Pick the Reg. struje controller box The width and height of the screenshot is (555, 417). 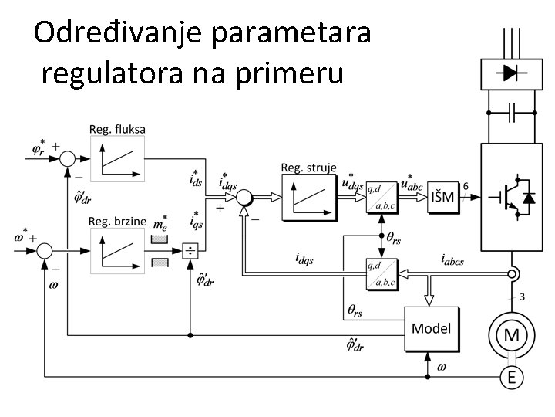pyautogui.click(x=308, y=196)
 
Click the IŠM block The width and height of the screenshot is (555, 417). pyautogui.click(x=442, y=197)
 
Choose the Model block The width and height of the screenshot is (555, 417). pyautogui.click(x=431, y=328)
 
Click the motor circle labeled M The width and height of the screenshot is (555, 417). pyautogui.click(x=510, y=335)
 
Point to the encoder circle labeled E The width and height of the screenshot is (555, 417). pyautogui.click(x=510, y=378)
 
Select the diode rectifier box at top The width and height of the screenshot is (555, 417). pyautogui.click(x=510, y=73)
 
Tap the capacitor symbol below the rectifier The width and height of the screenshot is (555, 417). pyautogui.click(x=510, y=113)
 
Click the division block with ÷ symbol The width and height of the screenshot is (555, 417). pyautogui.click(x=189, y=251)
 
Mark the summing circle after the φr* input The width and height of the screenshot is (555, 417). pyautogui.click(x=68, y=158)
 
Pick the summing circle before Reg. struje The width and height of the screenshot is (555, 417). pyautogui.click(x=244, y=197)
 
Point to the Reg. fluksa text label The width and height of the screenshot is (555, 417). pyautogui.click(x=117, y=129)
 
